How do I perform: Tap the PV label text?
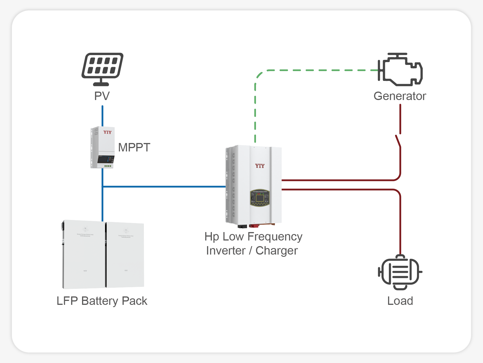tap(102, 96)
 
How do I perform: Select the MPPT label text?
tap(134, 148)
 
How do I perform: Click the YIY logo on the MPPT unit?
tap(107, 132)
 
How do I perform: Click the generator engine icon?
tap(400, 69)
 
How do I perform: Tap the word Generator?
tap(400, 96)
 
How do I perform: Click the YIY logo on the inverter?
tap(260, 166)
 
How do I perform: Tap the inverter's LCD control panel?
tap(260, 198)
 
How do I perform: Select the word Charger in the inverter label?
tap(276, 251)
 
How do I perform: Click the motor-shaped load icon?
tap(400, 272)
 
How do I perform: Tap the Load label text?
tap(400, 301)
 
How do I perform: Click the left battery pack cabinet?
tap(84, 255)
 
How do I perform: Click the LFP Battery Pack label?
tap(102, 301)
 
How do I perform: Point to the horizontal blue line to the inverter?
tap(164, 187)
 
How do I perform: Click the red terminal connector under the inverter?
tap(254, 226)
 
